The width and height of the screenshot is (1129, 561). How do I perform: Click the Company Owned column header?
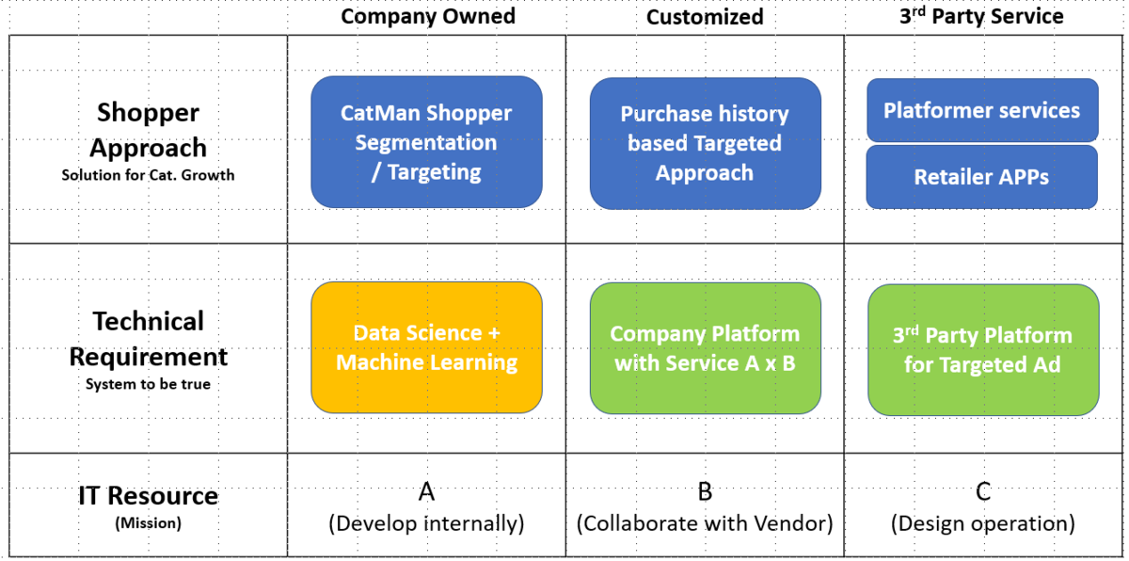pos(428,16)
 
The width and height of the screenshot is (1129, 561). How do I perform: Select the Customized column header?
pos(705,17)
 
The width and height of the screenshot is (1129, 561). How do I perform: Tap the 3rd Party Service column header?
pos(981,16)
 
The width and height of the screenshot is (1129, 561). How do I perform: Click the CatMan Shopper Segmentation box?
pos(426,142)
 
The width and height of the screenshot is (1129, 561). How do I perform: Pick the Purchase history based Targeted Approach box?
pos(705,144)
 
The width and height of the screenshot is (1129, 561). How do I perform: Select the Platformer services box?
pos(982,110)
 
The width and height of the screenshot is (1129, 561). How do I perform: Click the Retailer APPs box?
pos(982,177)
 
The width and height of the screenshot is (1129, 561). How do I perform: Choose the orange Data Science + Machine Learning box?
pos(426,347)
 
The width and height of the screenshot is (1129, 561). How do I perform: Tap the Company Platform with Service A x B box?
pos(705,348)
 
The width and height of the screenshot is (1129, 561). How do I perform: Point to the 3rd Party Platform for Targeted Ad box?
pos(983,350)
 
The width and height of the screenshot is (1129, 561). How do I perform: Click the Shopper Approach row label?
pos(149,130)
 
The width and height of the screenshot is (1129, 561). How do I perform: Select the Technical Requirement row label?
pos(149,339)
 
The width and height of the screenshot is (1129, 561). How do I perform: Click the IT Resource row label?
pos(149,495)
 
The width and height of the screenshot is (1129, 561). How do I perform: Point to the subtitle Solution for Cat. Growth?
pos(149,175)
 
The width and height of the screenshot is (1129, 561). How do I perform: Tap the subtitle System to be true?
pos(149,384)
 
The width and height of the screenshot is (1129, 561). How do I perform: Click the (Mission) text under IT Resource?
pos(149,523)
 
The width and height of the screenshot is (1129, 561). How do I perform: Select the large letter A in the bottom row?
pos(426,491)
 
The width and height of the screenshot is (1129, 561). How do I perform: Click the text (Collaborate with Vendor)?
pos(705,523)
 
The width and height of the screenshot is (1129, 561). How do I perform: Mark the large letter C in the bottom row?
pos(983,491)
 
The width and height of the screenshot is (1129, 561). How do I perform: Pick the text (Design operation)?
pos(983,523)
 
